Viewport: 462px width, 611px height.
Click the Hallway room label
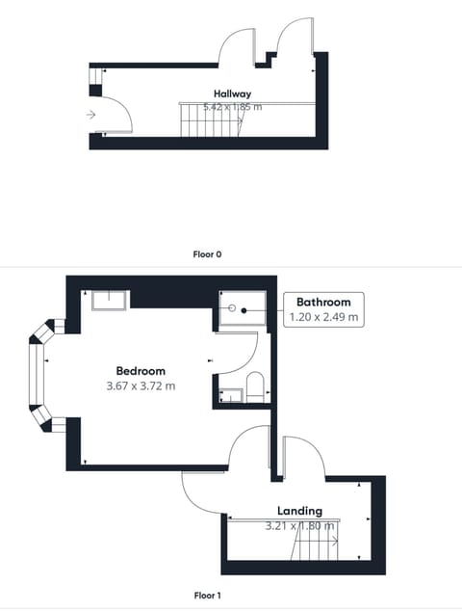pos(232,93)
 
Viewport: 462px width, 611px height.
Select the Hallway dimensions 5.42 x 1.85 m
pos(232,107)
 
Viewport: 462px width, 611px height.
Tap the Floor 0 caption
pos(208,254)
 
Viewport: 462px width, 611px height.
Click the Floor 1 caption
pos(208,596)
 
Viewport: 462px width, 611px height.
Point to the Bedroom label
pos(141,371)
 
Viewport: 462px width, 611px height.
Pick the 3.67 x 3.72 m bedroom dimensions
pos(141,386)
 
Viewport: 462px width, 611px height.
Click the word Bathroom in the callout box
pos(323,302)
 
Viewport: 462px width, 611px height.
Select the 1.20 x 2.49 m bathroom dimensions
pos(323,317)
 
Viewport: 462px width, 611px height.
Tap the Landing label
pos(299,511)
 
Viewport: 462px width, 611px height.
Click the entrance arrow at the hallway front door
pos(90,115)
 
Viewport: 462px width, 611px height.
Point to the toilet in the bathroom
pos(255,387)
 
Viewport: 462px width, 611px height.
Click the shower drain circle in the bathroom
pos(232,308)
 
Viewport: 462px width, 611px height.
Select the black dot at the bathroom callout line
pos(244,310)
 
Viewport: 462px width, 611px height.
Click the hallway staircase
pos(210,120)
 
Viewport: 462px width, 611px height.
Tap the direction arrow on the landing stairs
pos(333,542)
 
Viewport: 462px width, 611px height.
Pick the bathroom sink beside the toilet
pos(231,395)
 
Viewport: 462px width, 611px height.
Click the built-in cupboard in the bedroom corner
pos(110,301)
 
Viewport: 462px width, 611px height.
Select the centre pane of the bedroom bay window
pos(36,374)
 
